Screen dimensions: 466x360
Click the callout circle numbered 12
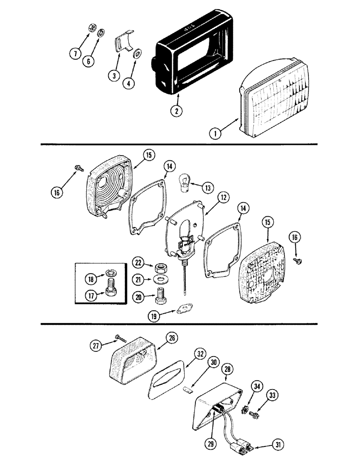pos(223,197)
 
